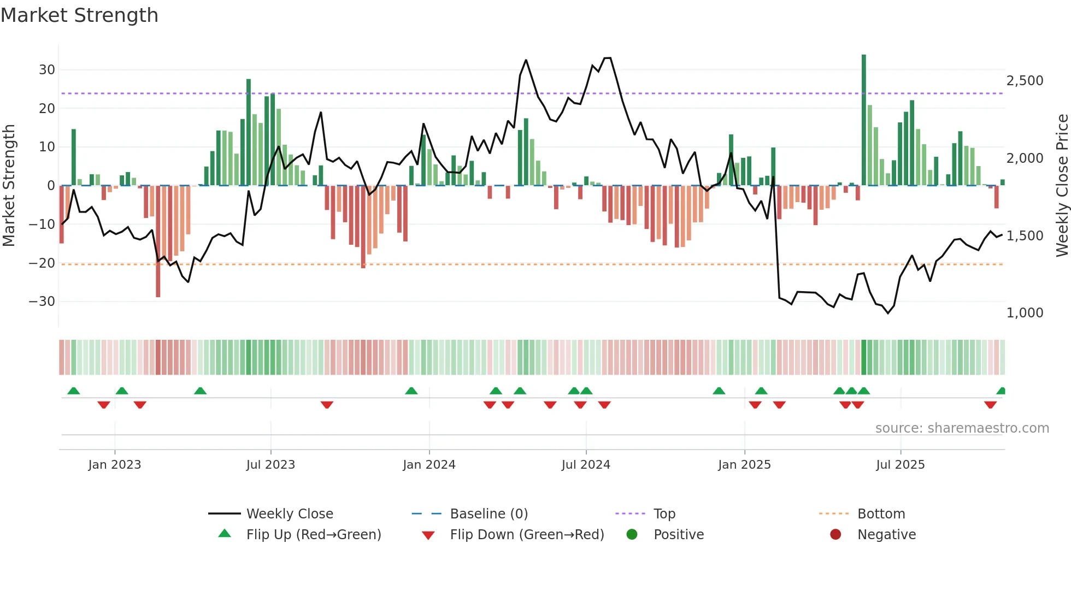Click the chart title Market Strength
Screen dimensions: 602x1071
click(79, 15)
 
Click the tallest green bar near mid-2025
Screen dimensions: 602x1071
click(864, 120)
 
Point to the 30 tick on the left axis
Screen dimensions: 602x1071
click(47, 70)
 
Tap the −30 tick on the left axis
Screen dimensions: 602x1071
click(42, 302)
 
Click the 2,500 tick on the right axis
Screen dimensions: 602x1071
click(1025, 81)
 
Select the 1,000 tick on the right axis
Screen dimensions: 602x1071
click(1025, 313)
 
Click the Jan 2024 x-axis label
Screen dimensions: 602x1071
click(429, 465)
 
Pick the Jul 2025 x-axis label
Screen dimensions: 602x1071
click(900, 465)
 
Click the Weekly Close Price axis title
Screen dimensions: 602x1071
click(1062, 186)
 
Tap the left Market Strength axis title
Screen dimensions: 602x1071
click(9, 186)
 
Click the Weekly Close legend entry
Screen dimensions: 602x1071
click(289, 514)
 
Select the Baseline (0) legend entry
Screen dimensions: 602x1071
click(489, 514)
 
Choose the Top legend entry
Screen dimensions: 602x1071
click(664, 514)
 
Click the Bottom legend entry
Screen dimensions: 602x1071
click(881, 514)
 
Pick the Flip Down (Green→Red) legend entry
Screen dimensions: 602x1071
click(527, 535)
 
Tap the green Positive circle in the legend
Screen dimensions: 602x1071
click(632, 535)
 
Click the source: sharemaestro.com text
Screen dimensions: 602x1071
click(962, 428)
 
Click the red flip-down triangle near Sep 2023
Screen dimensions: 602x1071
click(327, 405)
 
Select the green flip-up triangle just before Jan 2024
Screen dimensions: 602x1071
click(411, 391)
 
